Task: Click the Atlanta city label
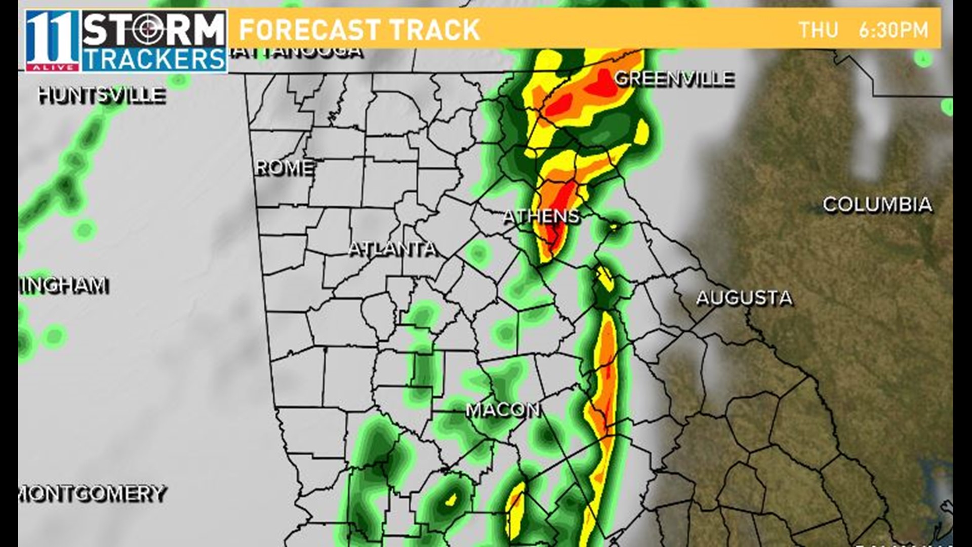(392, 249)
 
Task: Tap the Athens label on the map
(541, 216)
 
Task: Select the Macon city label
(502, 410)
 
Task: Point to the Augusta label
(744, 298)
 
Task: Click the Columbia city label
(877, 205)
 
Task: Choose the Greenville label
(674, 79)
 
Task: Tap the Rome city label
(284, 168)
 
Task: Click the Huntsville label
(102, 95)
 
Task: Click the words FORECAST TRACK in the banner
(359, 30)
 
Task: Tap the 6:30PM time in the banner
(893, 30)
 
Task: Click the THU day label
(818, 30)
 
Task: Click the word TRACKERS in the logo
(154, 60)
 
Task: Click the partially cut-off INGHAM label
(64, 286)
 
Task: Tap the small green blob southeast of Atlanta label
(477, 252)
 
